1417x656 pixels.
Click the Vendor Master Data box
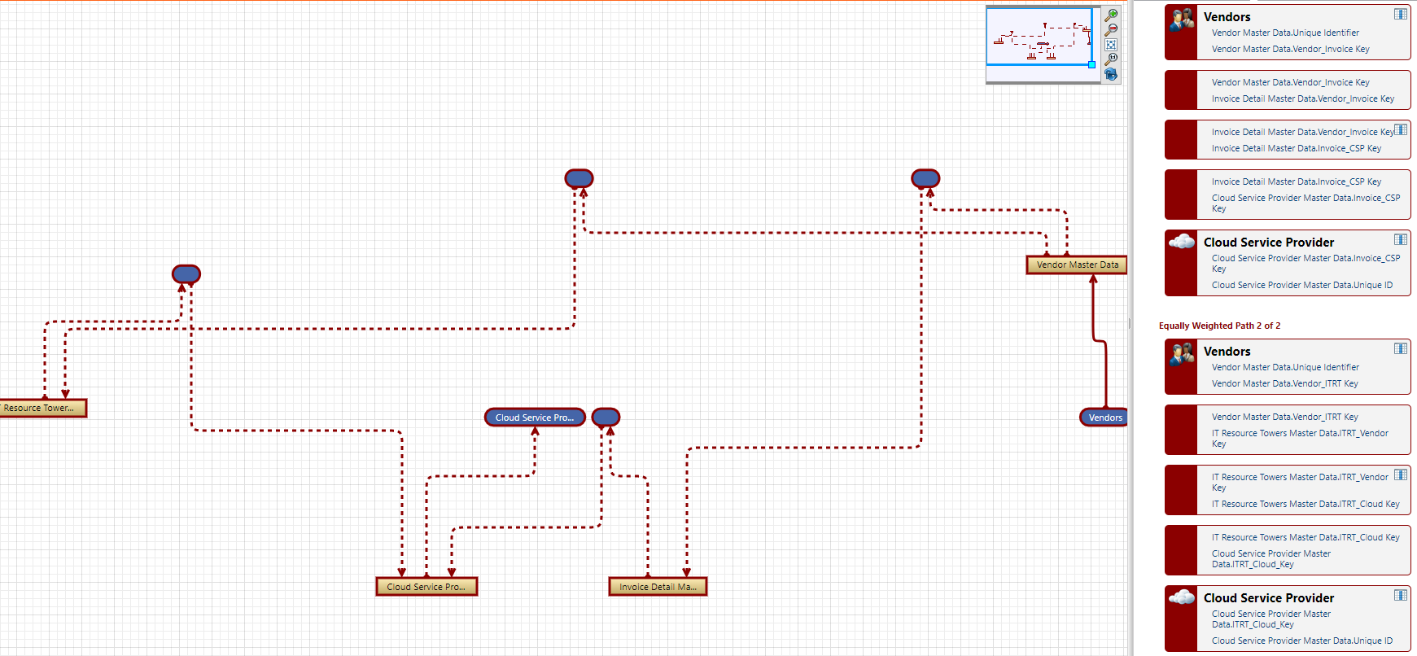tap(1076, 265)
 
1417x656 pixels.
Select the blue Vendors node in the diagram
tap(1104, 418)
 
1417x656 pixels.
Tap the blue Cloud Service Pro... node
tap(535, 418)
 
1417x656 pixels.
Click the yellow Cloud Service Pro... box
tap(426, 587)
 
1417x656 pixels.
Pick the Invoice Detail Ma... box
tap(658, 587)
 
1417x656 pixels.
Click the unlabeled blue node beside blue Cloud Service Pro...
tap(606, 418)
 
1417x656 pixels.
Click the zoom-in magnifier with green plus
tap(1111, 15)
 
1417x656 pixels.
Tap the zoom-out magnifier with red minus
tap(1111, 30)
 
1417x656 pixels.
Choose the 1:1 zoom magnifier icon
tap(1111, 59)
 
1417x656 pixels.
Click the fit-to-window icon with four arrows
tap(1111, 45)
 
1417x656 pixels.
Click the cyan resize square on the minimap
tap(1091, 64)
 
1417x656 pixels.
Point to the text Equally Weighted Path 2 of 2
tap(1219, 326)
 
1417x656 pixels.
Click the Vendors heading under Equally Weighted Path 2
tap(1227, 352)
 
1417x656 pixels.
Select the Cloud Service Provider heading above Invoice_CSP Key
tap(1269, 243)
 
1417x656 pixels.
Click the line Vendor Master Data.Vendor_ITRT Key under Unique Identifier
tap(1284, 383)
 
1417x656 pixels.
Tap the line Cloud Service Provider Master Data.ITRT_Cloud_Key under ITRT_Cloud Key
tap(1271, 558)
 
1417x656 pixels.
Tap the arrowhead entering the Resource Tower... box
tap(65, 394)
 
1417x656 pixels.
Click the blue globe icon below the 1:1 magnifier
tap(1111, 74)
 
